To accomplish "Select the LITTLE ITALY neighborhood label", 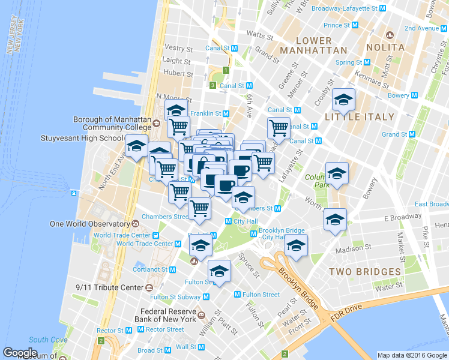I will click(360, 117).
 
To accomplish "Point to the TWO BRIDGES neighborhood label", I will click(364, 272).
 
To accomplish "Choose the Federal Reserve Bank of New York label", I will click(168, 315).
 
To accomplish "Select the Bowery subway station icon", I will click(414, 95).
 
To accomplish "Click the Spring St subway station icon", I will click(367, 62).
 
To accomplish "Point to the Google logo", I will click(20, 353).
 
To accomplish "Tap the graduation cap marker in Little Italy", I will click(344, 100).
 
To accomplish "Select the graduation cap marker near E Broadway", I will click(334, 220).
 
